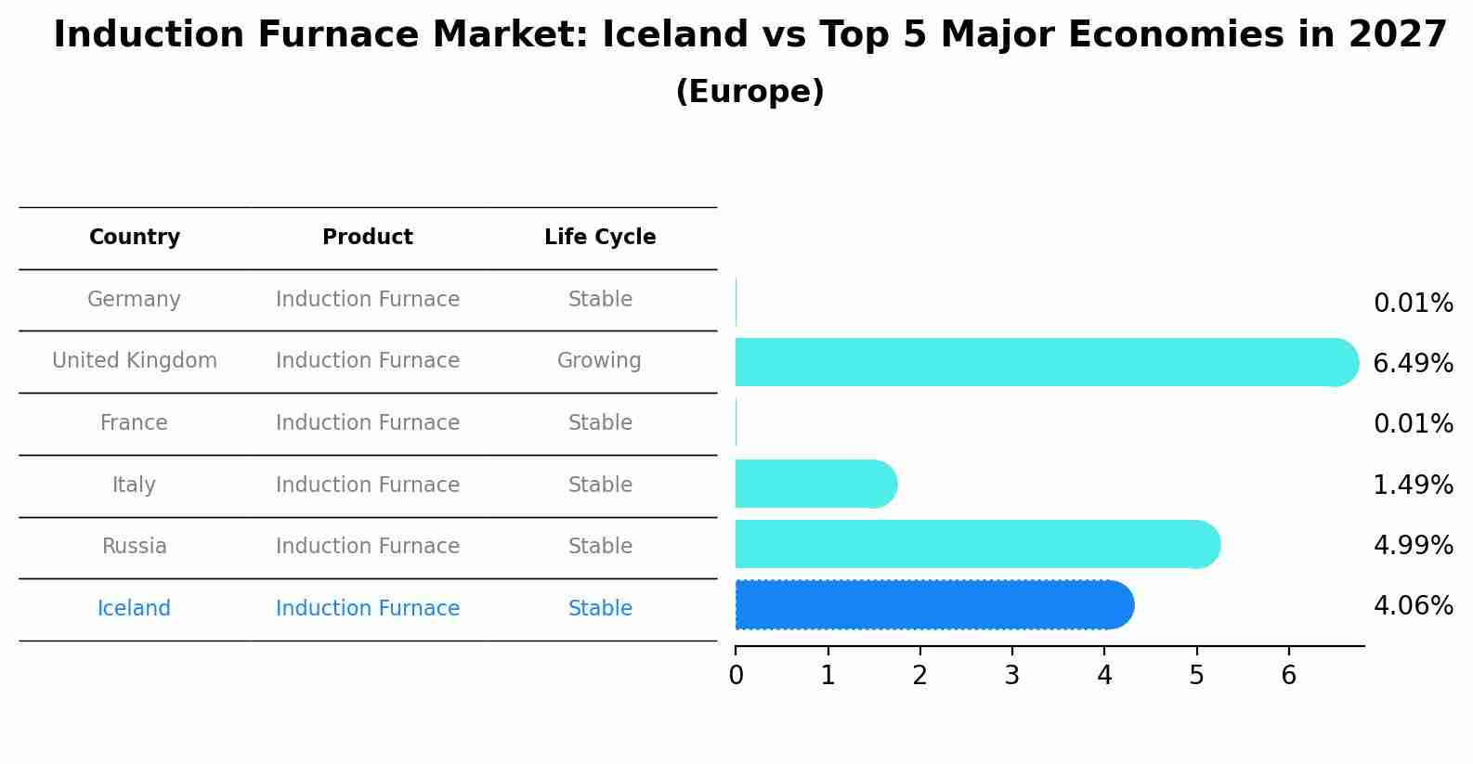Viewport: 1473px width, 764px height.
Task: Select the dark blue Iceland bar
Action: click(x=933, y=605)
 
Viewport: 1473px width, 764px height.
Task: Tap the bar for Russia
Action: click(x=975, y=544)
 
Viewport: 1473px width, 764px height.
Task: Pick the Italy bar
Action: click(x=815, y=484)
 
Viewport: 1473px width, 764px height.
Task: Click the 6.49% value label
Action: click(x=1413, y=363)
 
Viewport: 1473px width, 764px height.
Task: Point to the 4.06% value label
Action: click(x=1413, y=606)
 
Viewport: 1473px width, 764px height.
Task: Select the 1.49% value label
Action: click(x=1413, y=485)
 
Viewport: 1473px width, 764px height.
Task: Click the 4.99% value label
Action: click(x=1413, y=545)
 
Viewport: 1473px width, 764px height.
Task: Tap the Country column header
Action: click(x=135, y=238)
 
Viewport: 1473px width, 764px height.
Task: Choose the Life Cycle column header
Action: click(x=600, y=238)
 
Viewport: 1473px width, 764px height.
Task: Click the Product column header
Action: click(x=368, y=238)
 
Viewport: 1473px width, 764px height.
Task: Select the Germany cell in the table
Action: click(x=134, y=299)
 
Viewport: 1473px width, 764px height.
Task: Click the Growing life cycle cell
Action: click(x=599, y=360)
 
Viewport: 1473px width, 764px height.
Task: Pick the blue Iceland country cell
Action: click(x=134, y=608)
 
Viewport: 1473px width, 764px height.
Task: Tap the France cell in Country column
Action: click(x=134, y=422)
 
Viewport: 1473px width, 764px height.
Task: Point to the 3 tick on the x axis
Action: click(x=1011, y=675)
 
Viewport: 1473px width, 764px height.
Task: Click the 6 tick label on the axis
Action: click(x=1288, y=675)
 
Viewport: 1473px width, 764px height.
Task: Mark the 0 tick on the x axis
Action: click(x=736, y=675)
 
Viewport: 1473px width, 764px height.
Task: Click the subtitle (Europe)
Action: click(x=750, y=92)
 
